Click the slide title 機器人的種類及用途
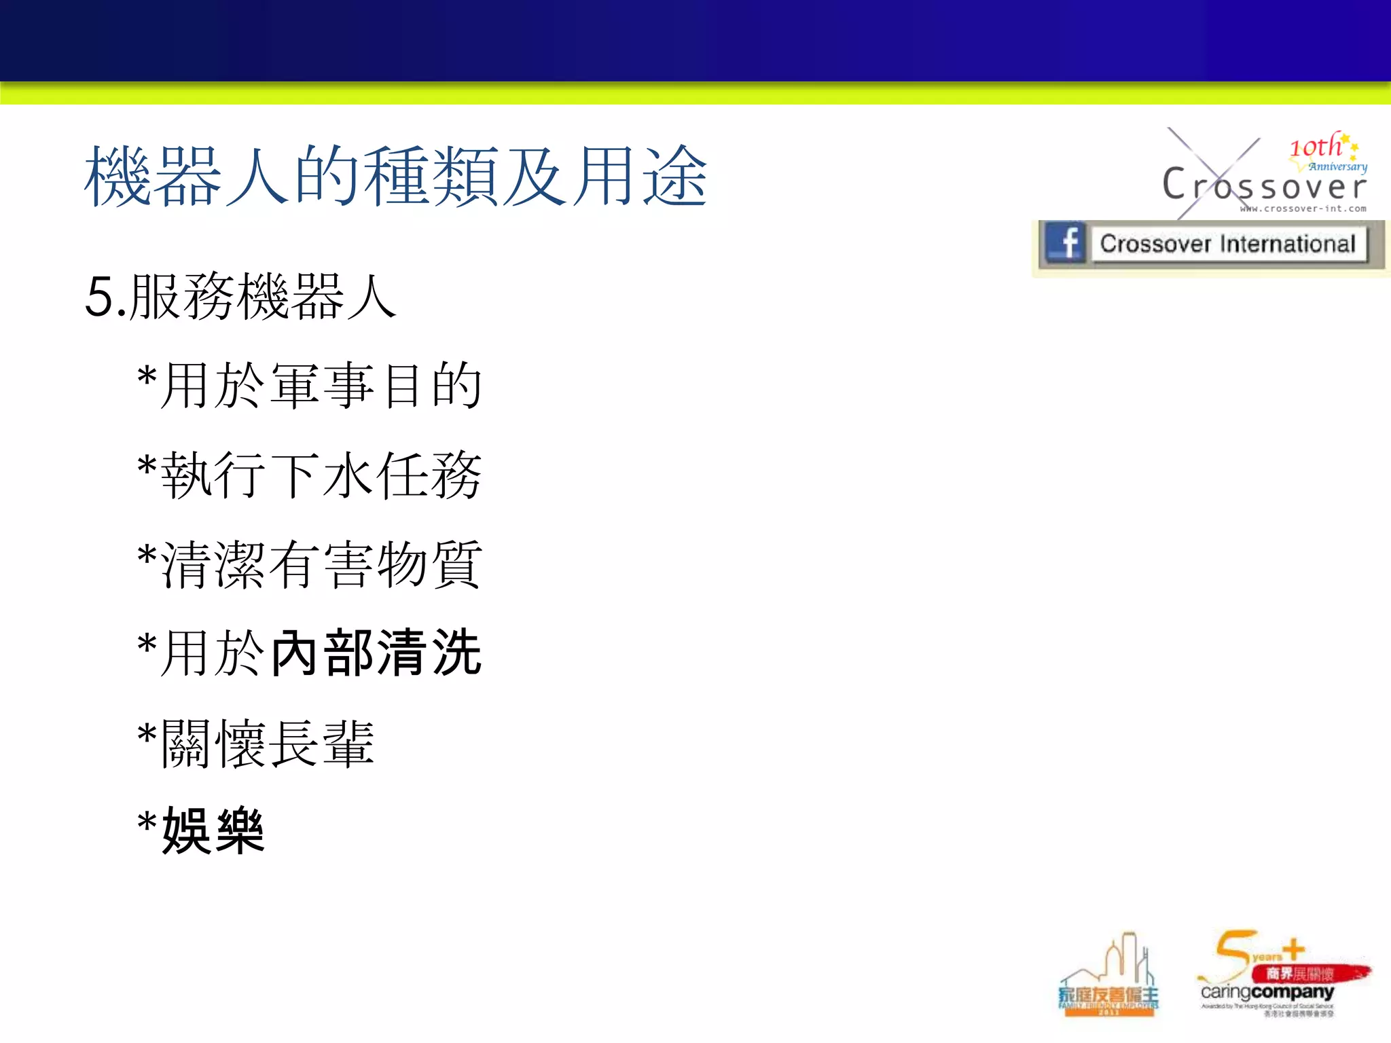pyautogui.click(x=396, y=177)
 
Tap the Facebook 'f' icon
pyautogui.click(x=1066, y=242)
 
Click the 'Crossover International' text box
pyautogui.click(x=1227, y=244)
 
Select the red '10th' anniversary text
pyautogui.click(x=1316, y=147)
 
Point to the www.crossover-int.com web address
pyautogui.click(x=1303, y=208)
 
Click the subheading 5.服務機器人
pyautogui.click(x=240, y=297)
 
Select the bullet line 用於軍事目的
pyautogui.click(x=321, y=386)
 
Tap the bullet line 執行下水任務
pyautogui.click(x=321, y=475)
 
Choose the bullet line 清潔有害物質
pyautogui.click(x=321, y=564)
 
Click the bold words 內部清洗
pyautogui.click(x=376, y=653)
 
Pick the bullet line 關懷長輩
pyautogui.click(x=267, y=744)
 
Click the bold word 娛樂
pyautogui.click(x=213, y=831)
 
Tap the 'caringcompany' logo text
pyautogui.click(x=1267, y=992)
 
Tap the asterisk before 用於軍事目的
pyautogui.click(x=147, y=378)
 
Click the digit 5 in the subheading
pyautogui.click(x=99, y=297)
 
